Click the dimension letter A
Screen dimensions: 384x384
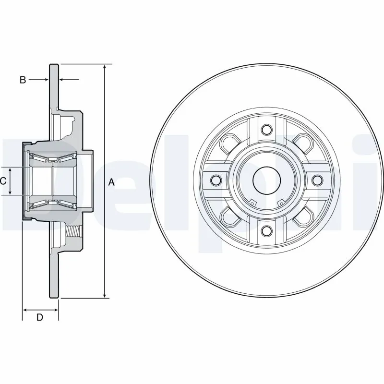click(x=111, y=182)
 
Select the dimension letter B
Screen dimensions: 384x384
click(x=23, y=80)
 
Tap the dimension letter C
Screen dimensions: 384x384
click(x=3, y=181)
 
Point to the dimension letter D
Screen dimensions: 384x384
click(x=40, y=317)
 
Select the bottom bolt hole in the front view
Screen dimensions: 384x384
click(x=266, y=231)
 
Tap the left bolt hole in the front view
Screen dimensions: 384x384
click(x=215, y=180)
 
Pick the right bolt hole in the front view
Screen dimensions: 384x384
click(x=317, y=180)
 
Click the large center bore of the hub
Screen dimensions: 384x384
click(x=266, y=180)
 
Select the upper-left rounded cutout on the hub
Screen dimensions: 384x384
click(x=229, y=143)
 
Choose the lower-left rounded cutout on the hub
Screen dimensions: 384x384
click(x=229, y=216)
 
